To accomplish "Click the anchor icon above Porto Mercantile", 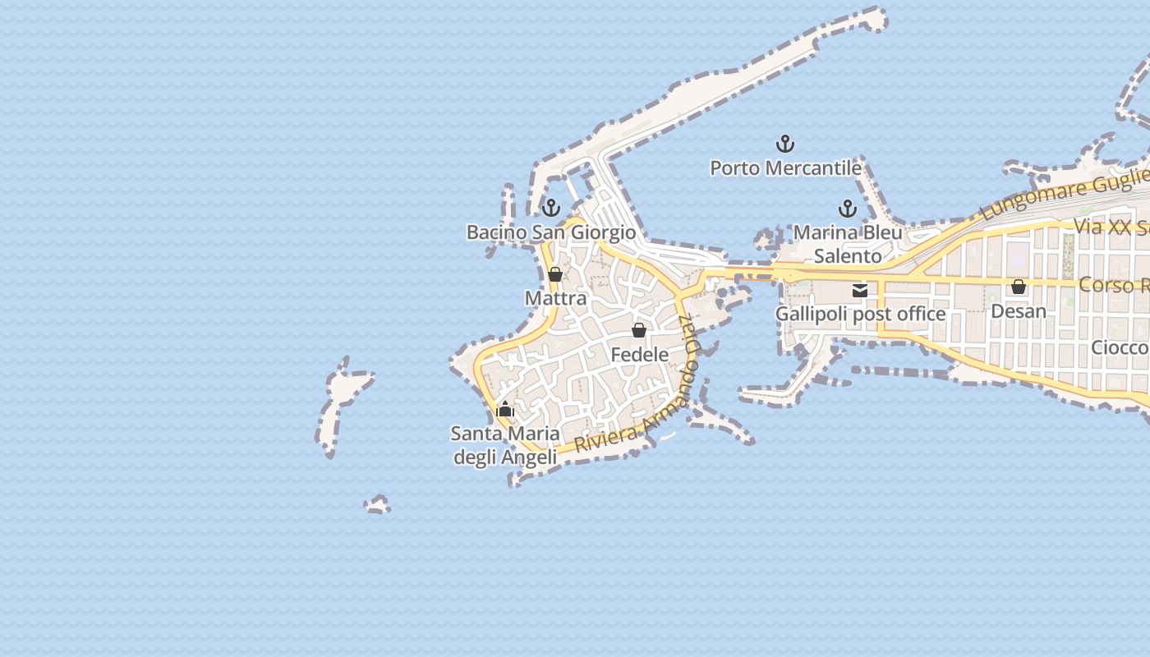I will [785, 145].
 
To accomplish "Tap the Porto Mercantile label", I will [785, 168].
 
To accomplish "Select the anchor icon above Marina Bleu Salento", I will [847, 209].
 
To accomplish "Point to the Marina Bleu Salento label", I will [848, 244].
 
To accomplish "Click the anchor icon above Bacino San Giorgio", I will [551, 208].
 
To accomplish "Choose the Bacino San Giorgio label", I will [551, 232].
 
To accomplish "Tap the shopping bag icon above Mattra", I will [555, 274].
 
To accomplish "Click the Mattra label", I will [555, 298].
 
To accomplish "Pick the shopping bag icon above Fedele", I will [639, 330].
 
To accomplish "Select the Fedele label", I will [639, 355].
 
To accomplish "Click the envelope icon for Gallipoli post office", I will [860, 290].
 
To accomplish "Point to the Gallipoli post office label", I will [860, 314].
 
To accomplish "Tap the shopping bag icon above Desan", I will [1019, 287].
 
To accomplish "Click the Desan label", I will [1019, 311].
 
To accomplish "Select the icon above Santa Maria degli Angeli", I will [505, 409].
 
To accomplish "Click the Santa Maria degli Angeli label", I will [505, 445].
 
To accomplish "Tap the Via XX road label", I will [1110, 227].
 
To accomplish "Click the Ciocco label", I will [1120, 347].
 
